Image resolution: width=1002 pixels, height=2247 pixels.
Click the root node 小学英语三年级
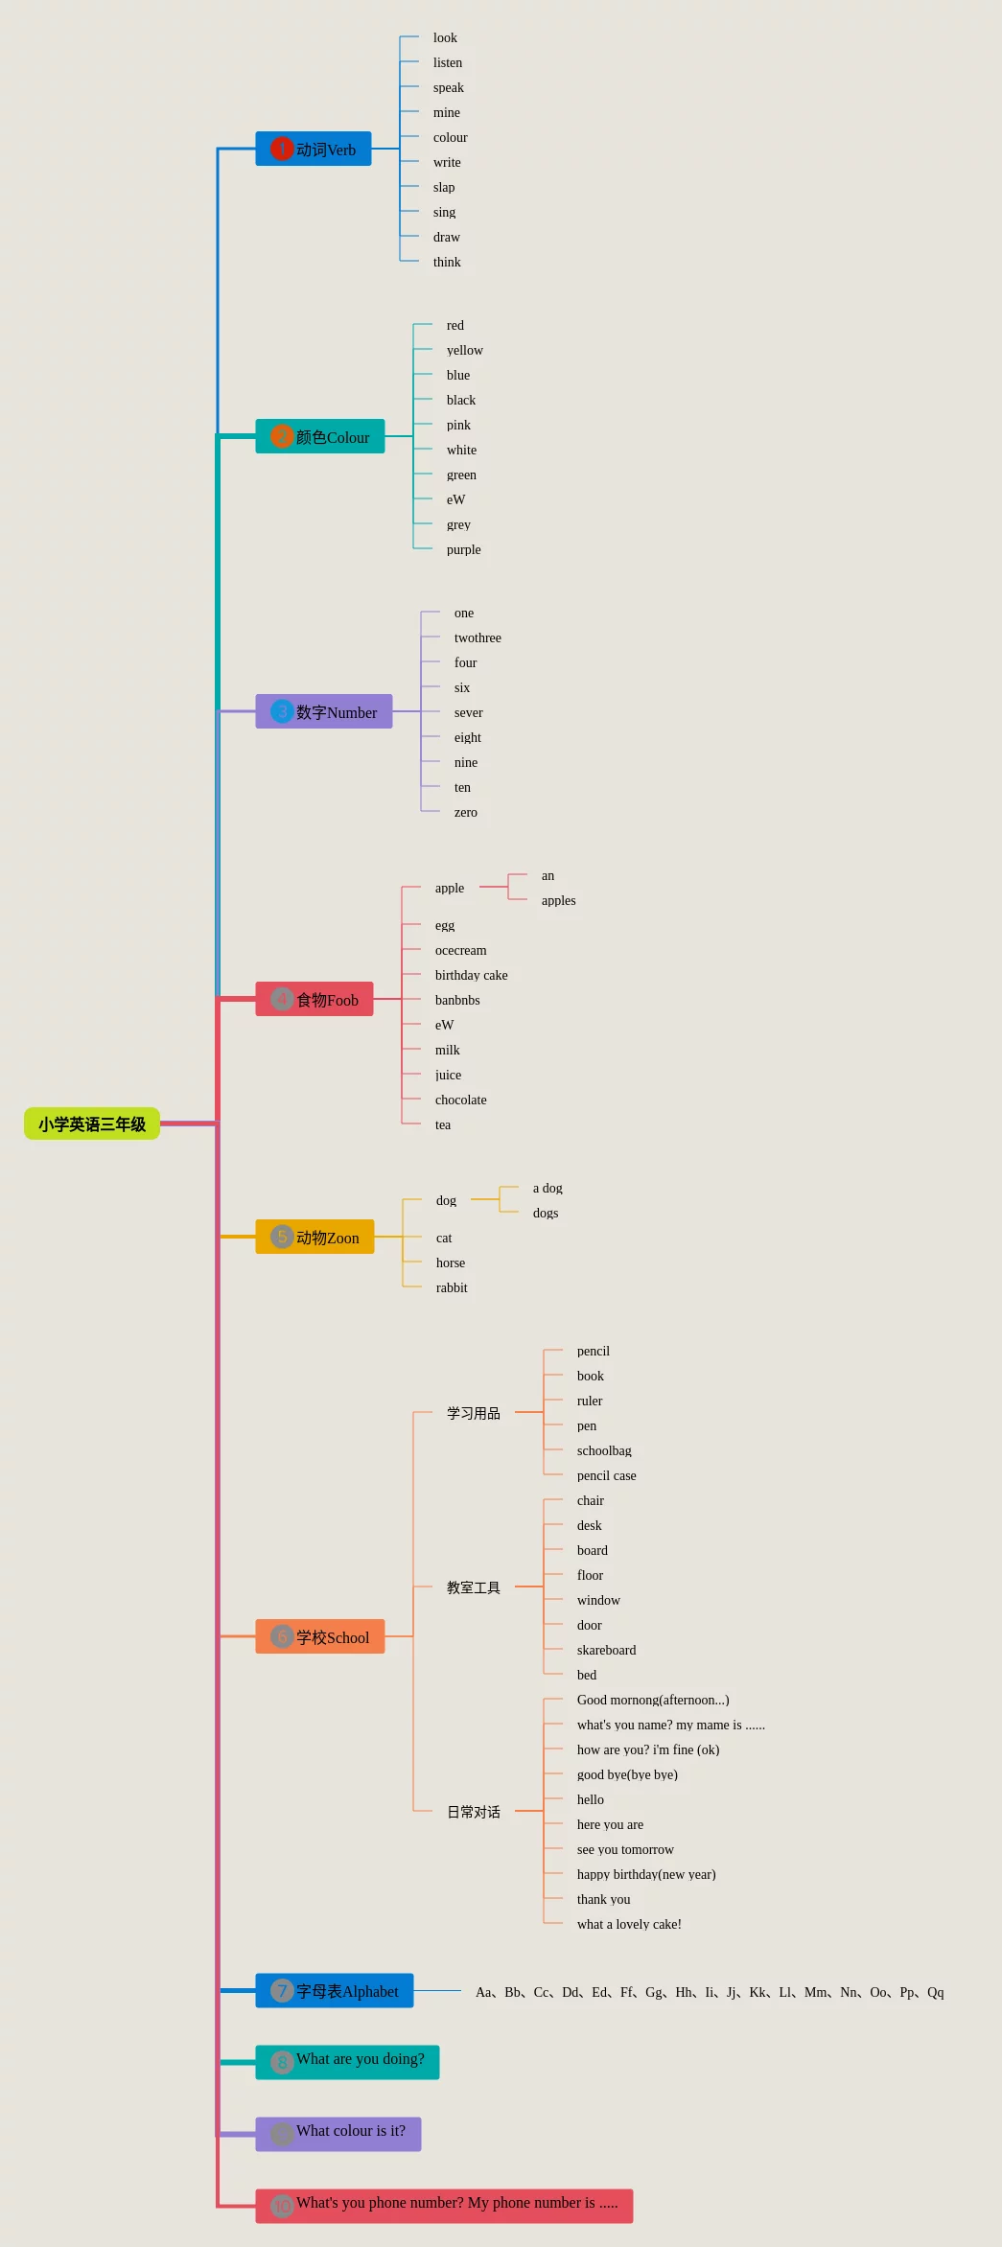(x=92, y=1123)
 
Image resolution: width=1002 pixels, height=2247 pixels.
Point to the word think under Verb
(x=447, y=262)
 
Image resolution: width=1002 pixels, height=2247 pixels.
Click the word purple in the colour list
(x=464, y=549)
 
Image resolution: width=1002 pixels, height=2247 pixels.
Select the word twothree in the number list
(x=478, y=637)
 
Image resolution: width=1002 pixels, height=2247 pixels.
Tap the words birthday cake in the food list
(x=472, y=975)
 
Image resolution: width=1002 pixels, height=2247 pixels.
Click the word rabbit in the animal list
(x=452, y=1287)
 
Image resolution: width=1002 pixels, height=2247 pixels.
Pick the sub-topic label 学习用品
(x=474, y=1413)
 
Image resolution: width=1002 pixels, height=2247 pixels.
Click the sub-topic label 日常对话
(x=474, y=1812)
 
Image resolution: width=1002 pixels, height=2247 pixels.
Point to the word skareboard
(x=606, y=1650)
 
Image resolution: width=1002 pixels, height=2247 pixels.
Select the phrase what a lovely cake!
(x=629, y=1924)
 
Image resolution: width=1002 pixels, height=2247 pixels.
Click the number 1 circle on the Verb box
(x=282, y=149)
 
